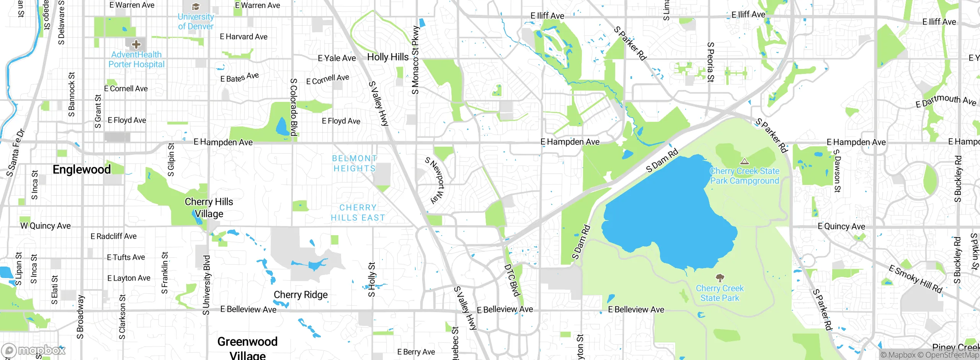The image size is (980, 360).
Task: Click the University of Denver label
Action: [x=196, y=21]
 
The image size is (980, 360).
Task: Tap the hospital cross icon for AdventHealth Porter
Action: [x=136, y=44]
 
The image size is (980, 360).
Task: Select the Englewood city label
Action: [x=82, y=169]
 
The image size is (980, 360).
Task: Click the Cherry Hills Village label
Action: [x=209, y=208]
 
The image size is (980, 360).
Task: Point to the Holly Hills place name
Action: [x=388, y=57]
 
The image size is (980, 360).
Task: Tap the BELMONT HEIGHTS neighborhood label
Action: [x=354, y=164]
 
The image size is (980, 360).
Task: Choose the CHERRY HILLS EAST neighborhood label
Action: [x=358, y=213]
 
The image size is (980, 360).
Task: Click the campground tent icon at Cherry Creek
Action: [x=744, y=161]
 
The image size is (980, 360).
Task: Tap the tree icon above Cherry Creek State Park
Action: [x=720, y=278]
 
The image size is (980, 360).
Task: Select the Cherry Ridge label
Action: [x=301, y=295]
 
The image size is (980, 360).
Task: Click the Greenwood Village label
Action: [x=247, y=347]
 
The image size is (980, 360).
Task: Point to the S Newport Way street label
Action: [x=436, y=180]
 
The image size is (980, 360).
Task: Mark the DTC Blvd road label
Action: [x=512, y=280]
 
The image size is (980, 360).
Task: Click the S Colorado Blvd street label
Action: [x=294, y=107]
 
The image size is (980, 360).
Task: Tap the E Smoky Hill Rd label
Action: [x=915, y=279]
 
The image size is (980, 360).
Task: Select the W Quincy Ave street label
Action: [x=46, y=226]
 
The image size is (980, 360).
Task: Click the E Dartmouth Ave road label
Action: [x=946, y=101]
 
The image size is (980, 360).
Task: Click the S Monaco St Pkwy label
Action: [x=416, y=60]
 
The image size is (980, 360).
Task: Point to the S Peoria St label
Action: [x=710, y=62]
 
